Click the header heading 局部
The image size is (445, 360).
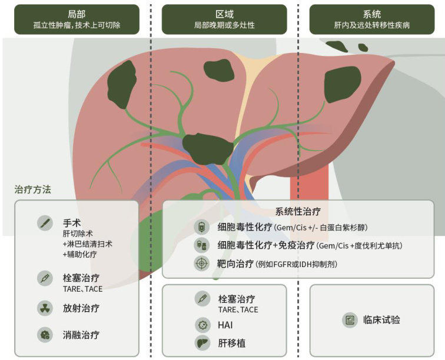click(77, 14)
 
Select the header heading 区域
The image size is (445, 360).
click(224, 14)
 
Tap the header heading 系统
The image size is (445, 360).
click(371, 14)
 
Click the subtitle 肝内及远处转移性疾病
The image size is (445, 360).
click(371, 26)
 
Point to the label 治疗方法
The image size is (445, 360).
click(32, 189)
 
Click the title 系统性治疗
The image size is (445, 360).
click(298, 211)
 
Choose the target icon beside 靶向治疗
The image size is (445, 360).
click(202, 264)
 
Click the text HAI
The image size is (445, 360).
click(226, 325)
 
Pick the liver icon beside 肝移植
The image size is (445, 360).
click(202, 343)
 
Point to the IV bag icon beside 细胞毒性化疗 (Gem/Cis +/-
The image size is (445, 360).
click(202, 228)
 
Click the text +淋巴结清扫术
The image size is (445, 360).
click(88, 244)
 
